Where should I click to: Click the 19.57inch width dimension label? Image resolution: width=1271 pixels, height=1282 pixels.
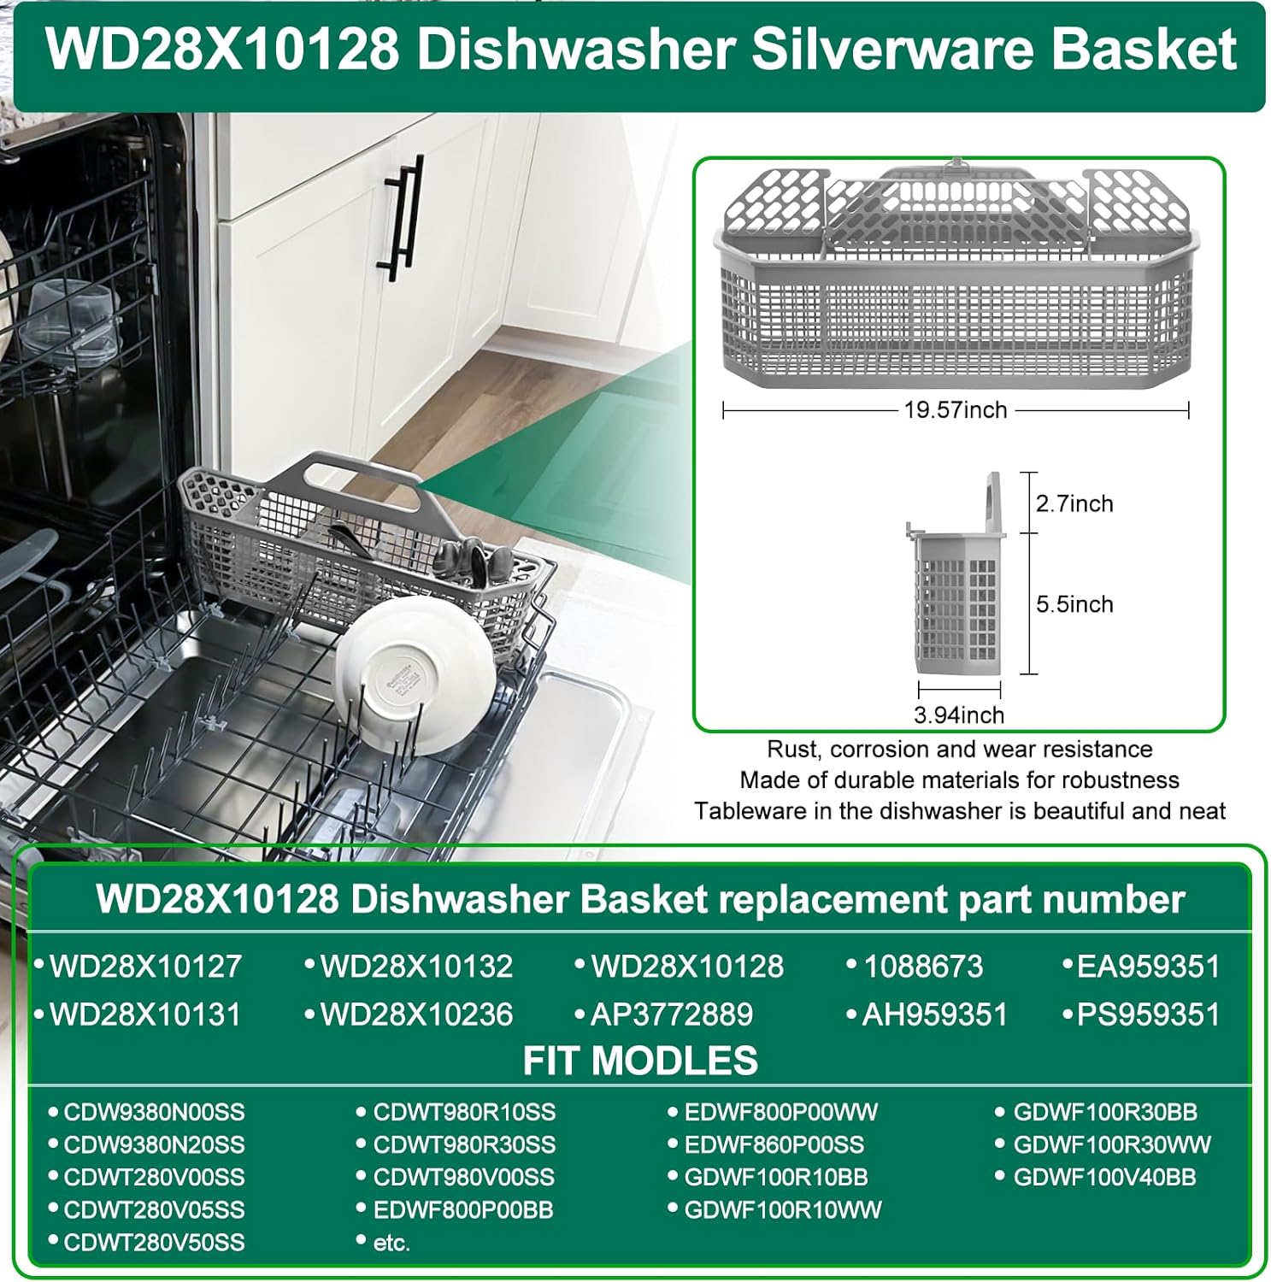(x=956, y=410)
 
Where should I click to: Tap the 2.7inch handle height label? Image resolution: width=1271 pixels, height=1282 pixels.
(x=1074, y=503)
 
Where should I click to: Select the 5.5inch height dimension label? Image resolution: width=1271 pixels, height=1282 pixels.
(x=1074, y=604)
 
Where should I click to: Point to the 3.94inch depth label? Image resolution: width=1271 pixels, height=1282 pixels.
(x=959, y=715)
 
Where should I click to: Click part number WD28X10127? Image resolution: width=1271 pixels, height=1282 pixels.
(x=145, y=967)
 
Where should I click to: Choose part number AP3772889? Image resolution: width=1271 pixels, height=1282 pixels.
(x=672, y=1014)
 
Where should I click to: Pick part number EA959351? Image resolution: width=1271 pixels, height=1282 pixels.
(x=1148, y=967)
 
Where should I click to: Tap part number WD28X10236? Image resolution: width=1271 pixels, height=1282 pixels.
(x=416, y=1014)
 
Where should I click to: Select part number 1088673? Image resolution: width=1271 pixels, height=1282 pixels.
(x=923, y=967)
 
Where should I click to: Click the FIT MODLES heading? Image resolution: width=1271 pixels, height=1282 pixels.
(x=640, y=1061)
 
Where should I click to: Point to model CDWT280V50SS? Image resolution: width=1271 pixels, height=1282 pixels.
(x=154, y=1242)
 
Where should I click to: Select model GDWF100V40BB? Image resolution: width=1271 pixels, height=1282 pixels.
(x=1104, y=1177)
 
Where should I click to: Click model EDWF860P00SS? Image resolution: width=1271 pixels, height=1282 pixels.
(x=774, y=1144)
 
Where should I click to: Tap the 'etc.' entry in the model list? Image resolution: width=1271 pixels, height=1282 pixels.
(x=391, y=1243)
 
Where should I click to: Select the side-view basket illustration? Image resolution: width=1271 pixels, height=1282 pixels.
(x=956, y=573)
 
